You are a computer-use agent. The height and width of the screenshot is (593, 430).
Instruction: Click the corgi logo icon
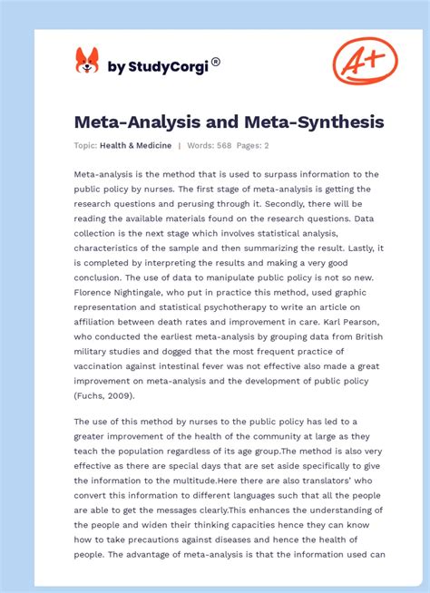click(87, 61)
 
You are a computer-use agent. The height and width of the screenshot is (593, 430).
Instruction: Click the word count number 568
click(224, 146)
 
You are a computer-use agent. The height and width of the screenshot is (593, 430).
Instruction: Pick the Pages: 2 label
click(254, 146)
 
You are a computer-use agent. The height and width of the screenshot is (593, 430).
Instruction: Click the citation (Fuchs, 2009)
click(106, 394)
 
